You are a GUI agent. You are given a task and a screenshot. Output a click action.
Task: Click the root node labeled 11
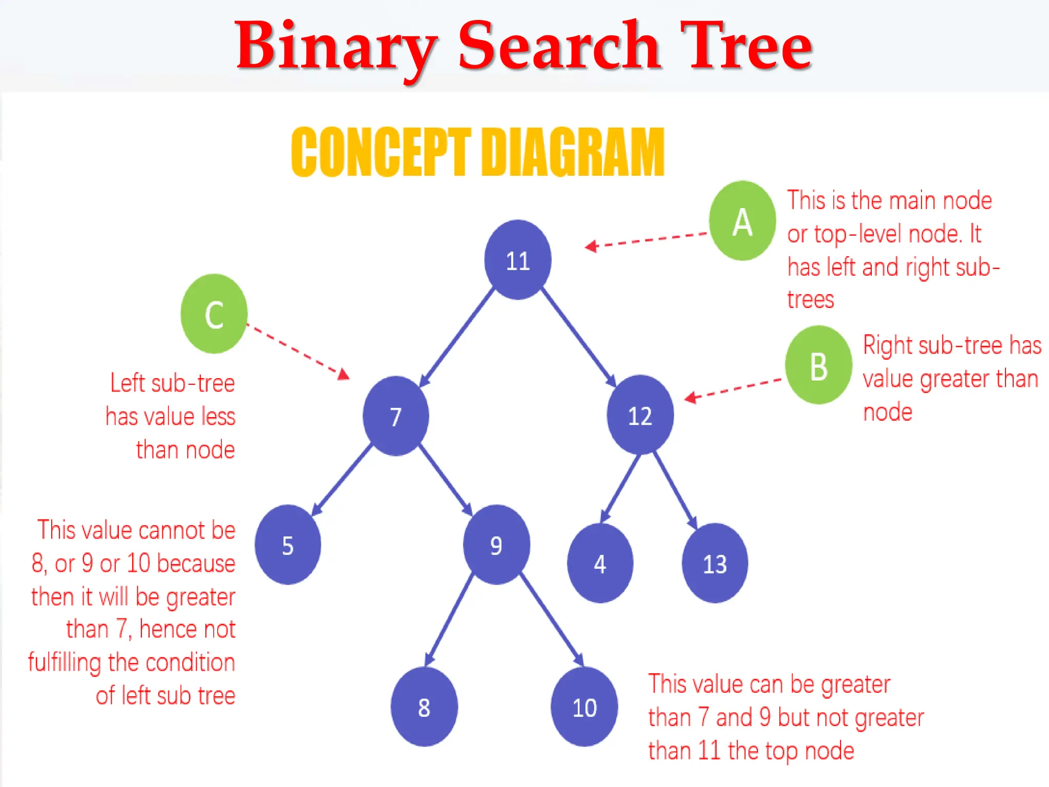(518, 260)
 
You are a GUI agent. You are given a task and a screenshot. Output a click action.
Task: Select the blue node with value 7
(395, 416)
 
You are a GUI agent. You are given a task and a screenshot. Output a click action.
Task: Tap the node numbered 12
(640, 415)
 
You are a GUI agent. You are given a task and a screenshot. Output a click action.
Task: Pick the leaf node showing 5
(288, 545)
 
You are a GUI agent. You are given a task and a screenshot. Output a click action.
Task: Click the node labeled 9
(496, 545)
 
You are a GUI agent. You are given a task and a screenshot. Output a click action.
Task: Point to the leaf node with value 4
(600, 563)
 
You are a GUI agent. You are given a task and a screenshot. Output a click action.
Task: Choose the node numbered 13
(715, 563)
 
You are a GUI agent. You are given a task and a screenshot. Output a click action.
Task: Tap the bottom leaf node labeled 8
(424, 707)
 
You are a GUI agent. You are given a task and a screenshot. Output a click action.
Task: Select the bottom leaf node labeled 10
(584, 707)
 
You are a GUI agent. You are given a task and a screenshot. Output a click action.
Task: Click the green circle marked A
(742, 221)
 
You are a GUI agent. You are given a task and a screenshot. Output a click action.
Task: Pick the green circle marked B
(819, 365)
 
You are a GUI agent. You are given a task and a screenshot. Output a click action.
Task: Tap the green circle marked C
(214, 314)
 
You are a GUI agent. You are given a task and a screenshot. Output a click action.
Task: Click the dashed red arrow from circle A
(646, 240)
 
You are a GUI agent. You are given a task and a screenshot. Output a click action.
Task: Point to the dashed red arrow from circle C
(297, 351)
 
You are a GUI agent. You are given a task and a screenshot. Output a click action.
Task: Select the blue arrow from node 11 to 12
(579, 337)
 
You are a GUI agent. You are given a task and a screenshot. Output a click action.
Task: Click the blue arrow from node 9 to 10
(552, 620)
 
